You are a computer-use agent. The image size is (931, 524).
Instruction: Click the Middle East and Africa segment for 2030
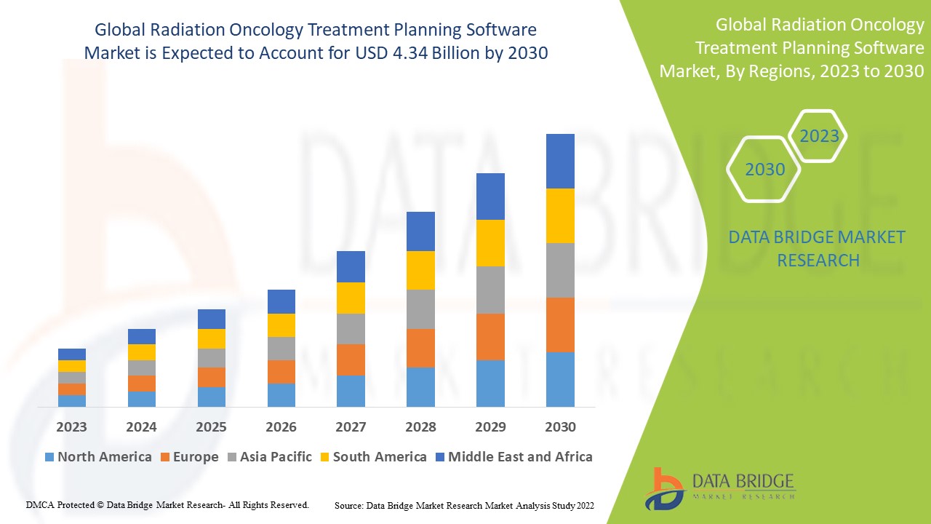pos(560,161)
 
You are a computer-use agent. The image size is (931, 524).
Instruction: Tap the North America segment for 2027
pos(351,391)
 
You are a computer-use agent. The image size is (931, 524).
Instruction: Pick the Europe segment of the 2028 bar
pos(420,348)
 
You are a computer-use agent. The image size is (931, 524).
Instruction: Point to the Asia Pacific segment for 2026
pos(281,348)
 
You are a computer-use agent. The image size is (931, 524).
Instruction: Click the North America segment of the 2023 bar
pos(72,400)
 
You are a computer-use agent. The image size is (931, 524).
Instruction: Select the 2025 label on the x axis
pos(211,426)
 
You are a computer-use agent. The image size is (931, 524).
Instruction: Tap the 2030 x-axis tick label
pos(560,426)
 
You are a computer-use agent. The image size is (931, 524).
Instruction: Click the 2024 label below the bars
pos(141,426)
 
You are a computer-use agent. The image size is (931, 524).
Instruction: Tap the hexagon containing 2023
pos(819,136)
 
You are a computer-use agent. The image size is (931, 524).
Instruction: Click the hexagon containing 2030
pos(764,170)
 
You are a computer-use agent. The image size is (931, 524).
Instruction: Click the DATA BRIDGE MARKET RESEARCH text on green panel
pos(818,248)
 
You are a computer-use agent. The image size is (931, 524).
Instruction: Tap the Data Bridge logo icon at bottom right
pos(665,488)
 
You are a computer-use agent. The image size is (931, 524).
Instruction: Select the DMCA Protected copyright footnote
pos(168,504)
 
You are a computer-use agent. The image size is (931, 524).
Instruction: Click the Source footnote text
pos(464,504)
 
